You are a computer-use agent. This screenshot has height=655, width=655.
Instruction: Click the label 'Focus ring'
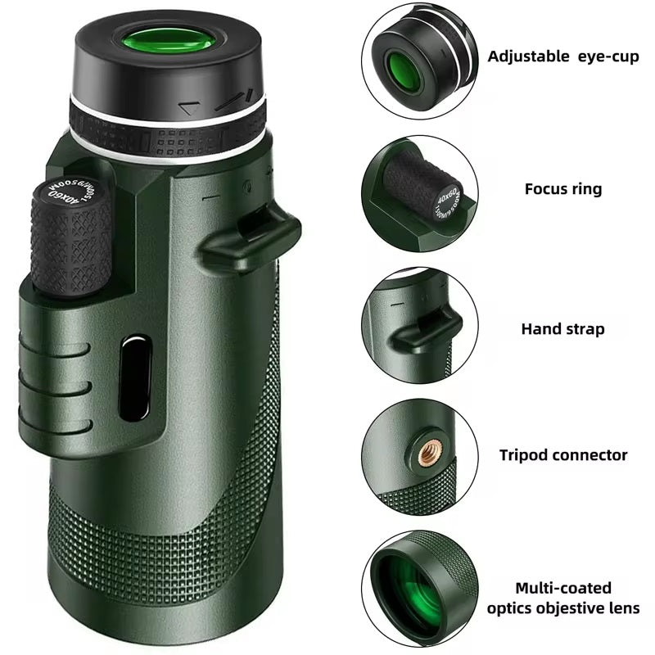562,189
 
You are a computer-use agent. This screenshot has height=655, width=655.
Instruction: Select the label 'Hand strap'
562,329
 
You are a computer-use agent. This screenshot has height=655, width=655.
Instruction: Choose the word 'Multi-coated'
562,588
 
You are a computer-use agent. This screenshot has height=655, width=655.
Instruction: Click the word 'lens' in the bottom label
623,608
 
